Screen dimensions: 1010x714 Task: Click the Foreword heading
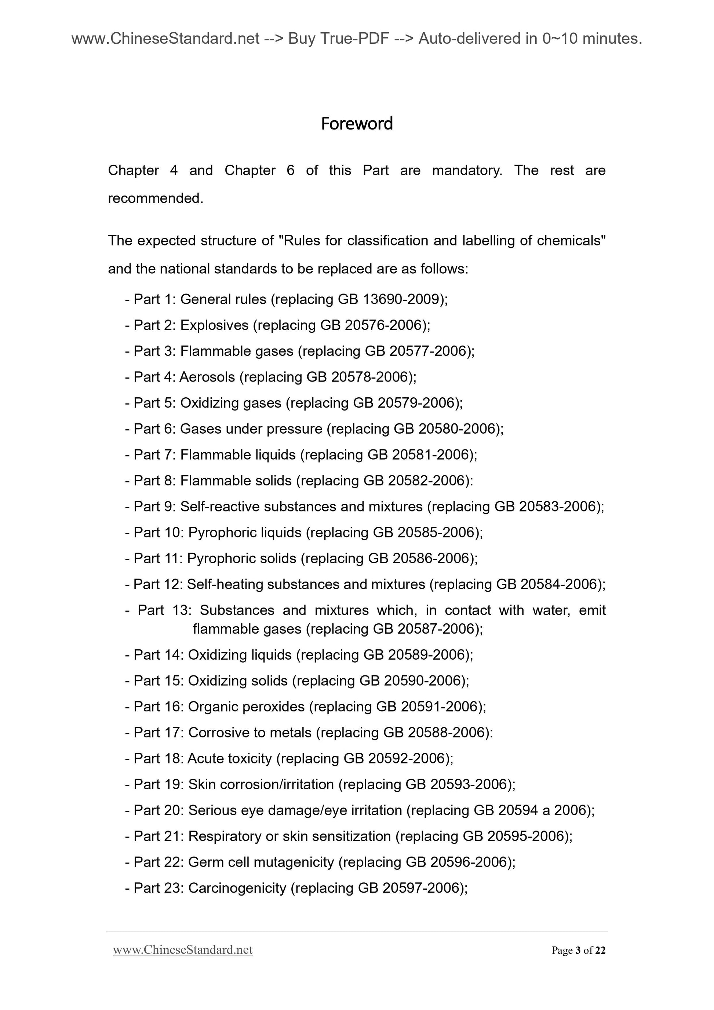click(x=357, y=124)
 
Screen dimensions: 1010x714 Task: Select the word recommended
click(x=155, y=198)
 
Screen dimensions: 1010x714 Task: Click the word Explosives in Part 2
click(x=214, y=325)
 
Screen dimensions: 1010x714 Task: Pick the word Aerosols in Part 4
click(x=207, y=377)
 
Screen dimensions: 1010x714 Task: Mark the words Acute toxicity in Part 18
click(x=230, y=758)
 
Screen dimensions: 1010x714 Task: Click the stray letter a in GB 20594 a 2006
click(x=546, y=810)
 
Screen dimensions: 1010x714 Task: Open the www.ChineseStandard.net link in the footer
click(x=183, y=950)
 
